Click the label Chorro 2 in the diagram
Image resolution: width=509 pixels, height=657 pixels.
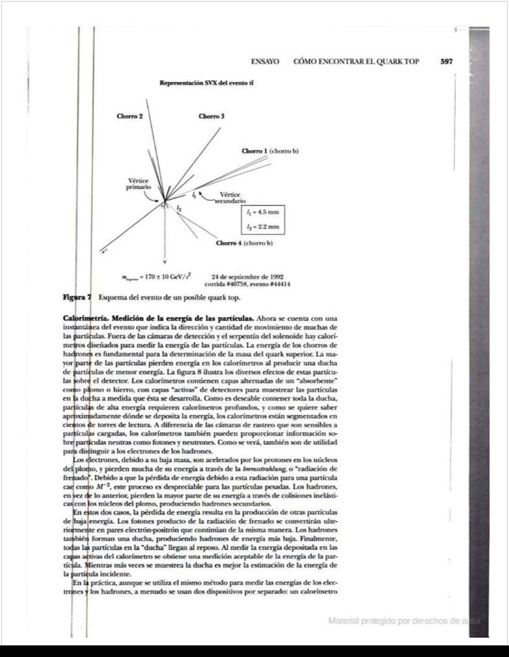[x=130, y=116]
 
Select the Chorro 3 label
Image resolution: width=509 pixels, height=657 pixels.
[x=211, y=116]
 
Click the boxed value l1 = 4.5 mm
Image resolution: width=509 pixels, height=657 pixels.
[x=263, y=212]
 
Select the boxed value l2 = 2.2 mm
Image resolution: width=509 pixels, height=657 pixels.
[x=263, y=228]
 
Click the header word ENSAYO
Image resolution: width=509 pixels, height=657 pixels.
[x=265, y=62]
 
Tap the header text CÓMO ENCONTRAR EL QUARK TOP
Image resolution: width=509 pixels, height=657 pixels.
[x=356, y=62]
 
